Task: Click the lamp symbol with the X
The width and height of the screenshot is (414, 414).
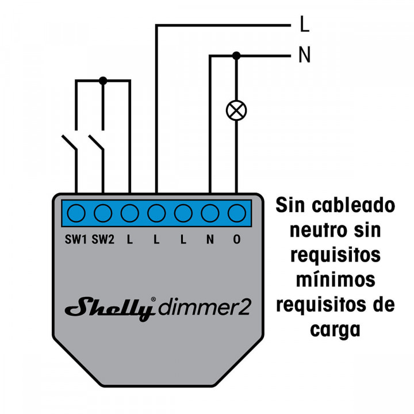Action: [x=236, y=110]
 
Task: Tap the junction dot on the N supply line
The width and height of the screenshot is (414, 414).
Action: [x=236, y=55]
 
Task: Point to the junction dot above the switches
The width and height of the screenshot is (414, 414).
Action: [x=103, y=81]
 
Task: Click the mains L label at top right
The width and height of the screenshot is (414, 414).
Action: [x=305, y=25]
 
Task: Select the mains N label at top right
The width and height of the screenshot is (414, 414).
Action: [x=305, y=56]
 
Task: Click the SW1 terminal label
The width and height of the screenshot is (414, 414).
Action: [x=76, y=239]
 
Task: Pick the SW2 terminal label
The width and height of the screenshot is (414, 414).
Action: [x=103, y=239]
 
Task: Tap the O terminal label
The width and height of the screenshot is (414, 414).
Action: [x=236, y=239]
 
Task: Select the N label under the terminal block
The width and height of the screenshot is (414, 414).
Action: [x=210, y=239]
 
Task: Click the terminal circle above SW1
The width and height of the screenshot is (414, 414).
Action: [x=76, y=213]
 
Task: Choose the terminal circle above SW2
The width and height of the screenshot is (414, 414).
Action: [x=103, y=213]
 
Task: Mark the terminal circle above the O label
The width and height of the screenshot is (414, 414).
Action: [x=236, y=213]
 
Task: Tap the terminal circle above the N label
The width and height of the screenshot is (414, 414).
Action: [x=210, y=213]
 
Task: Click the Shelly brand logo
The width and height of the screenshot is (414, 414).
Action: [x=109, y=308]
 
